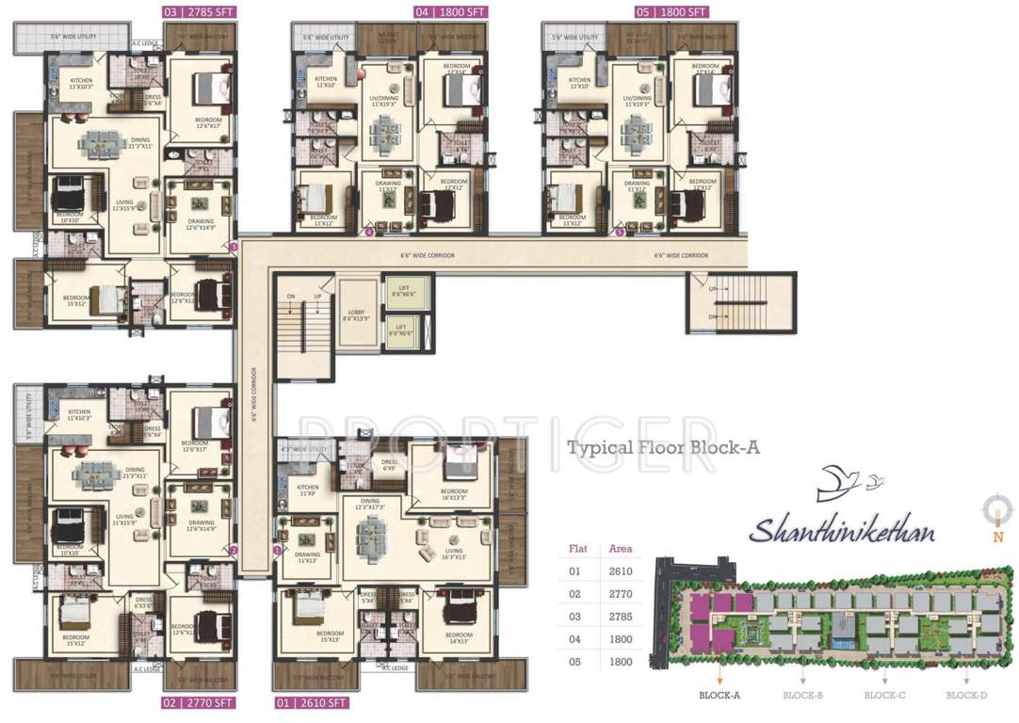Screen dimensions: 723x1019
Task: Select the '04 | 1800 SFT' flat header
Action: [450, 12]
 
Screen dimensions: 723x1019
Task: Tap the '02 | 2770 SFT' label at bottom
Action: [200, 702]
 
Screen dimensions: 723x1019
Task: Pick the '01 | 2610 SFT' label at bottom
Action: [311, 702]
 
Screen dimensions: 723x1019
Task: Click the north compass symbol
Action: [997, 512]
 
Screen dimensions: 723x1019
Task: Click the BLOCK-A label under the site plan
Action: [720, 696]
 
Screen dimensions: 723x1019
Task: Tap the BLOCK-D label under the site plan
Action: [966, 696]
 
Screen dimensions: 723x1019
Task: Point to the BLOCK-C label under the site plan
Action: [884, 696]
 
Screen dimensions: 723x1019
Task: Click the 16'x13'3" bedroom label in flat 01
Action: [454, 493]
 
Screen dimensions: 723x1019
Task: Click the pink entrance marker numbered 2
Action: [234, 550]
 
